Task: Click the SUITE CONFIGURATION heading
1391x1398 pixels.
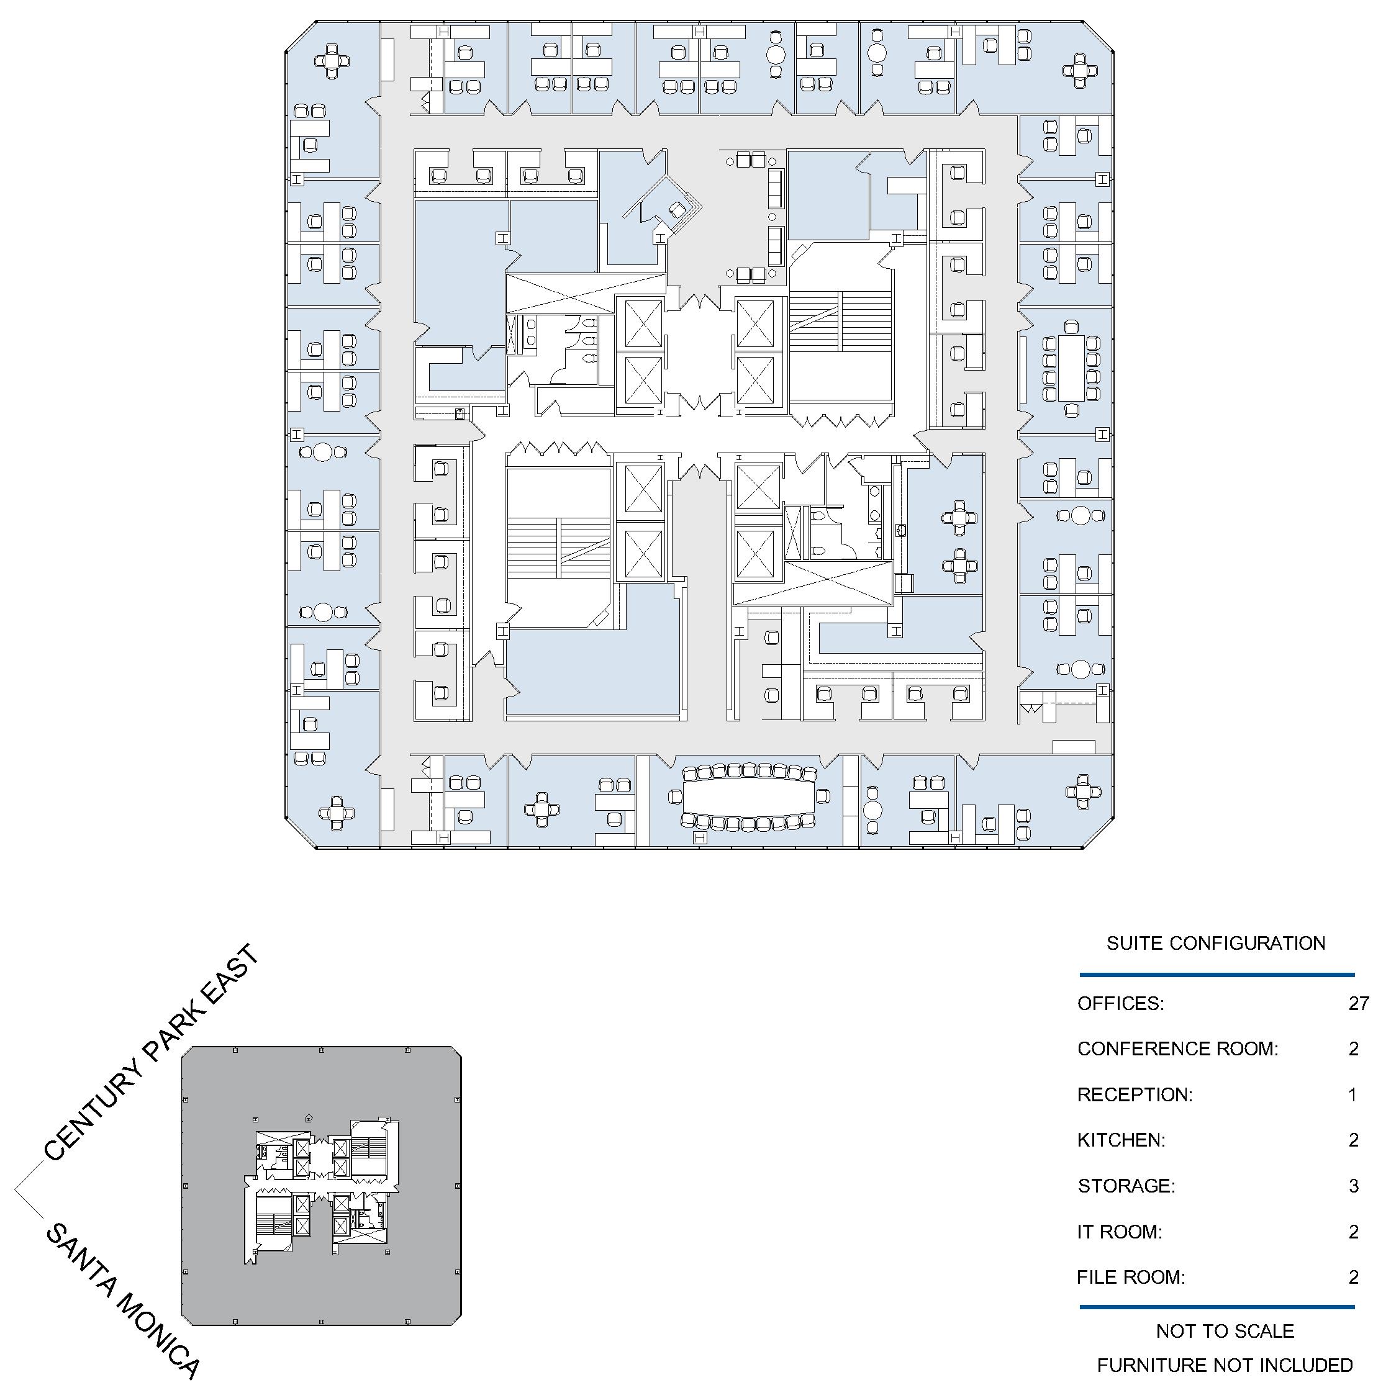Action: (1216, 943)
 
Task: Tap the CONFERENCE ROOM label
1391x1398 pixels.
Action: (1177, 1048)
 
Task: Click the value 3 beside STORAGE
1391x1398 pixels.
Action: (1353, 1185)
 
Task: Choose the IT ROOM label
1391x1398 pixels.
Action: (1119, 1231)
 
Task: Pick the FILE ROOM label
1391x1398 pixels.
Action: (1130, 1277)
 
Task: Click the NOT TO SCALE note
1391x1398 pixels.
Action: (1225, 1331)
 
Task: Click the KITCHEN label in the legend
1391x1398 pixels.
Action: (1121, 1140)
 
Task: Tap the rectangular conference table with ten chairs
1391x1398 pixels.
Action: (1071, 368)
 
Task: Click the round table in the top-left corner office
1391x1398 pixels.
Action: (332, 61)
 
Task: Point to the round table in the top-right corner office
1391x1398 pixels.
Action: (1080, 70)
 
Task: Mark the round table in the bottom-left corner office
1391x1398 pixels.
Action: (336, 813)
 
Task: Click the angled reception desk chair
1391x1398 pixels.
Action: (677, 210)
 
